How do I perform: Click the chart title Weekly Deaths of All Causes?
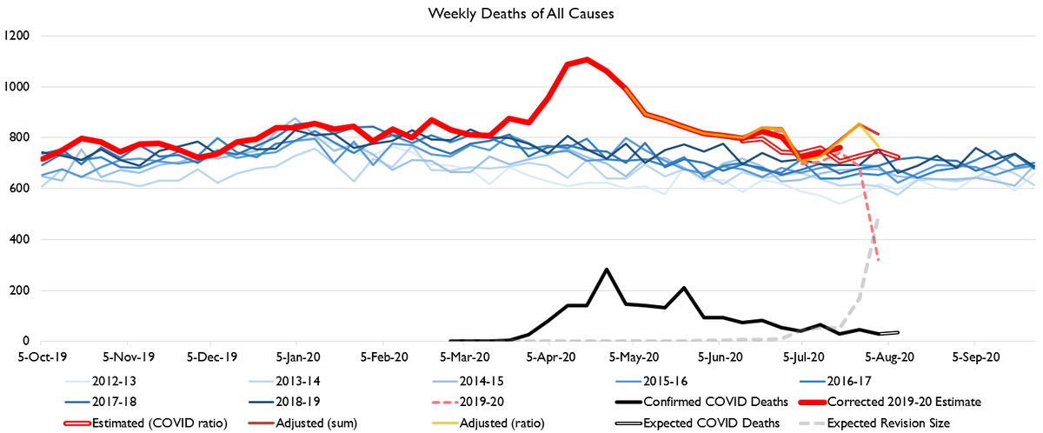521,14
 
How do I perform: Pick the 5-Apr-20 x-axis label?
550,356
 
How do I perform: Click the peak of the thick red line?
587,59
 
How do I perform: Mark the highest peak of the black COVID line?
607,270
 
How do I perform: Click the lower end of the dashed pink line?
879,261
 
